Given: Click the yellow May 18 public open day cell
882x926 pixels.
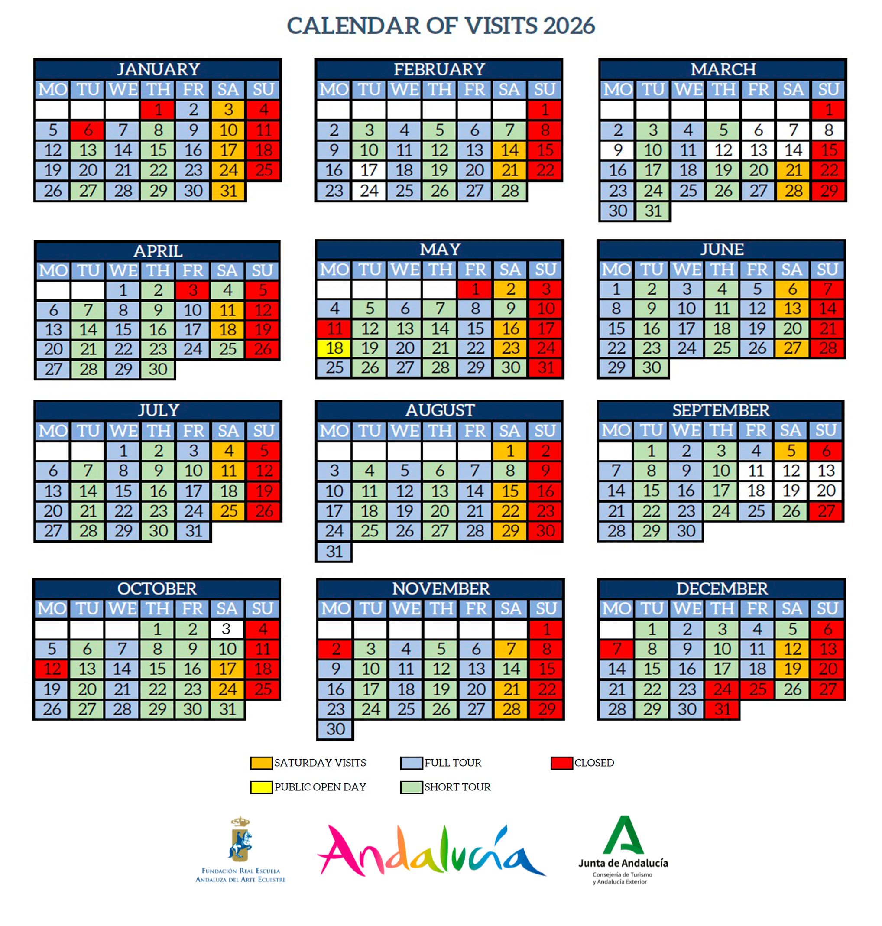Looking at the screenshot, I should tap(334, 348).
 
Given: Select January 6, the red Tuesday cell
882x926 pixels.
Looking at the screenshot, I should tap(88, 130).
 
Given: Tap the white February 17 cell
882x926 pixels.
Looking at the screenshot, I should tap(369, 170).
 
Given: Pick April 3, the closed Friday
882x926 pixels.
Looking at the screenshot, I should tap(193, 290).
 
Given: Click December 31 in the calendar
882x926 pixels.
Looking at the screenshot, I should tap(722, 709).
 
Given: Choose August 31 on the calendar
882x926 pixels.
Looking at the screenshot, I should tap(334, 551).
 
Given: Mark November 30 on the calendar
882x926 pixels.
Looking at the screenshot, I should tap(336, 729).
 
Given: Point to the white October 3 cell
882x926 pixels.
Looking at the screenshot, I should tap(227, 629).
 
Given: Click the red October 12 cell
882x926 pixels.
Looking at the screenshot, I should tap(52, 669).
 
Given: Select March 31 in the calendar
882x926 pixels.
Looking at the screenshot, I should tap(653, 211).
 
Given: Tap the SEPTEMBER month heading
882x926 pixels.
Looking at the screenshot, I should tap(720, 410).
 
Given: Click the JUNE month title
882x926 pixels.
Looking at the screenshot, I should tap(722, 249).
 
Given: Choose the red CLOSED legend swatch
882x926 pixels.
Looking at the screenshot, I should tap(561, 763).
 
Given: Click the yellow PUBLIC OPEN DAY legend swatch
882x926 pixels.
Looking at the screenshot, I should tap(261, 787).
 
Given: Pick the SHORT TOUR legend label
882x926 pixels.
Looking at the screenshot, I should tap(457, 787).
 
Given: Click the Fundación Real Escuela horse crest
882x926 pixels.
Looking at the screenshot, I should tap(241, 839).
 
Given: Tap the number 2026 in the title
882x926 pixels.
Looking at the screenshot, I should tap(569, 26).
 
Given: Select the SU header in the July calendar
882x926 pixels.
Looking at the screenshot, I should tap(264, 431).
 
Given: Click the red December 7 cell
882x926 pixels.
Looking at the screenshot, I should tap(617, 649).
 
